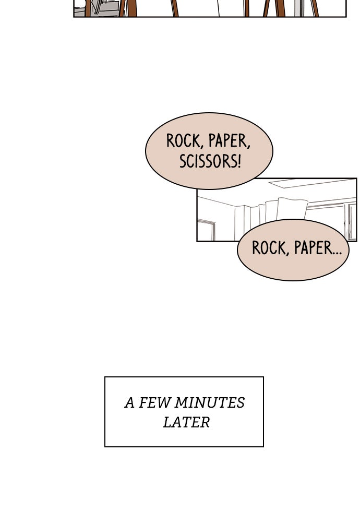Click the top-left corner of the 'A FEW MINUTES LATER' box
tap(105, 377)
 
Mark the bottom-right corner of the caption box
tap(263, 446)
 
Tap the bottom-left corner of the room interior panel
tap(197, 241)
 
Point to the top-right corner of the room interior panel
tap(357, 179)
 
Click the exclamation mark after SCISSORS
tap(238, 161)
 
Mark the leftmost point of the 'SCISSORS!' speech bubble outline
tap(146, 151)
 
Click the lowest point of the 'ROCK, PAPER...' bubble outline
tap(293, 281)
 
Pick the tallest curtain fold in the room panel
tap(292, 209)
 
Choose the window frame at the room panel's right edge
tap(351, 221)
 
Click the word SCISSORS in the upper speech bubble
tap(207, 161)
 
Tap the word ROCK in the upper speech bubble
tap(185, 141)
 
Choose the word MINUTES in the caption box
tap(210, 403)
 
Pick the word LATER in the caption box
tap(186, 422)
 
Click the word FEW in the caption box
tap(154, 403)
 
